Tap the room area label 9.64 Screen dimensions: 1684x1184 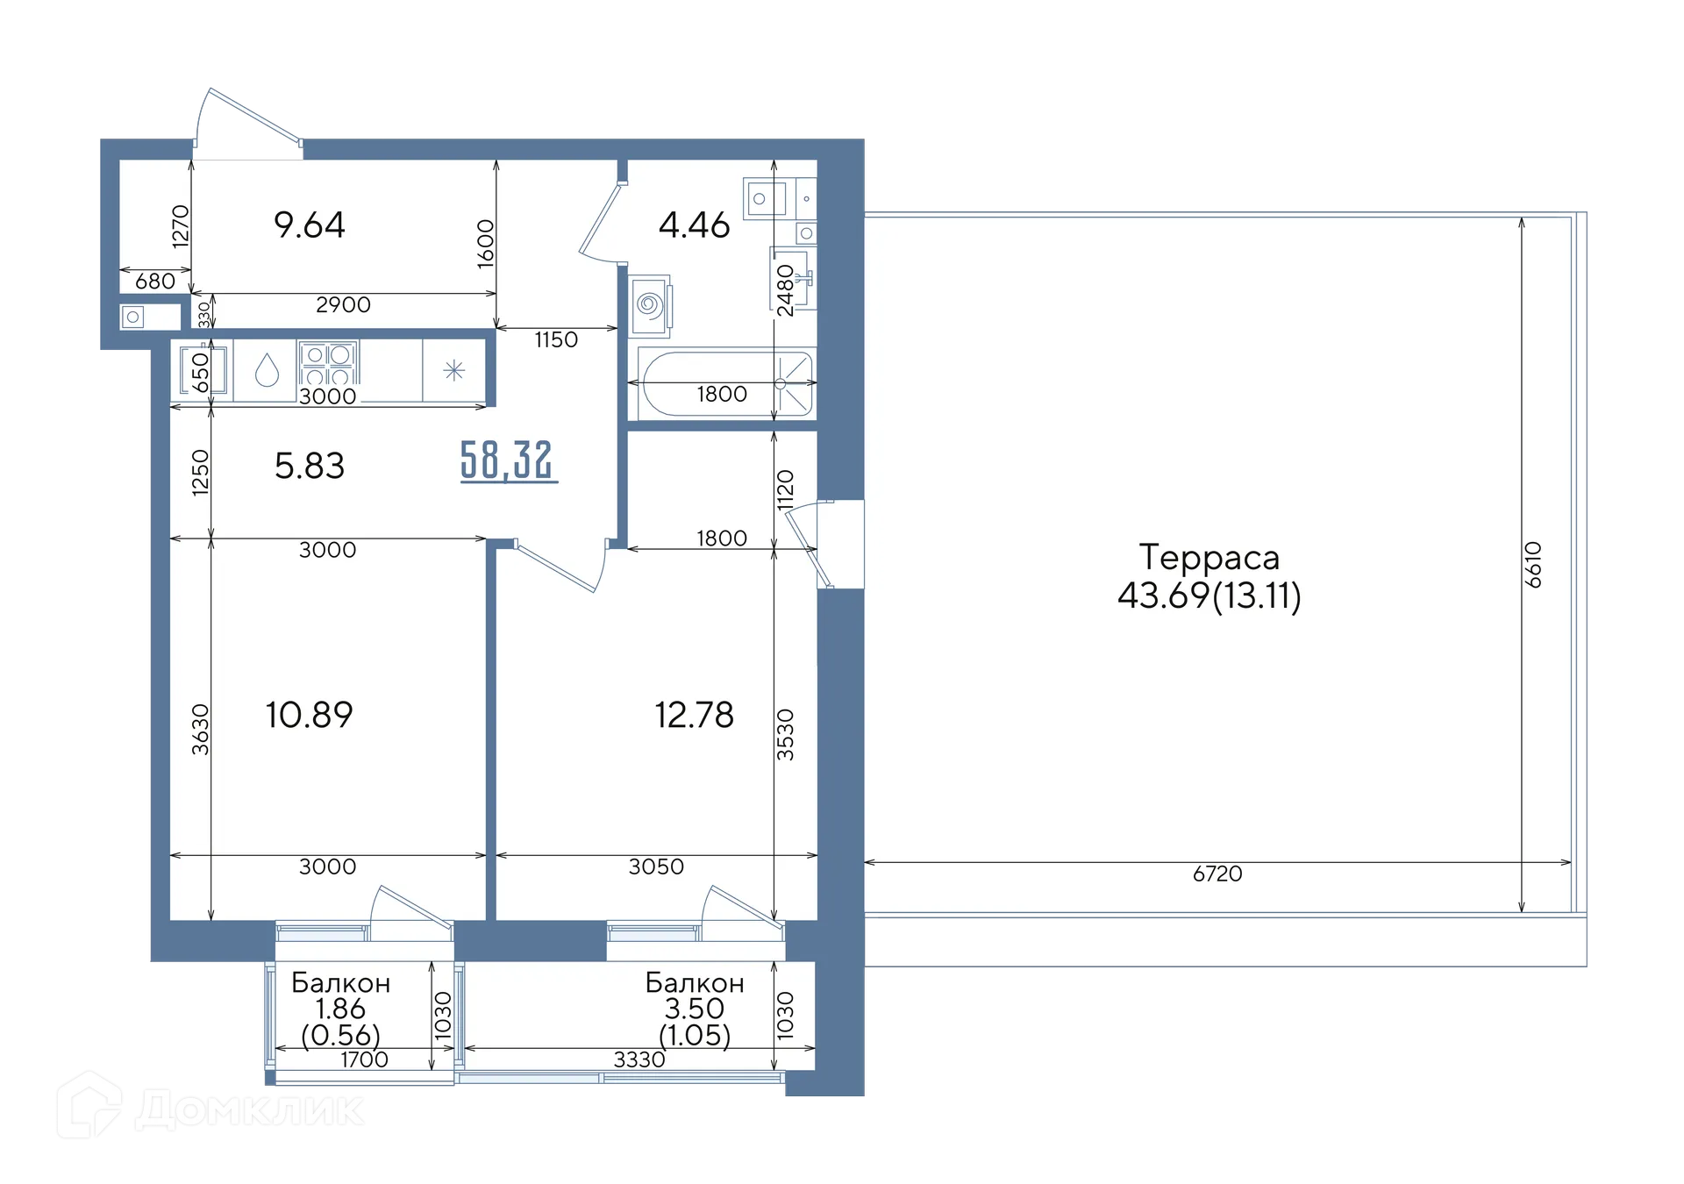pyautogui.click(x=310, y=225)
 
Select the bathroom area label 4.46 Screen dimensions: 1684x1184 pyautogui.click(x=694, y=225)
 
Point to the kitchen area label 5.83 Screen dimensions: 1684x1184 pyautogui.click(x=310, y=466)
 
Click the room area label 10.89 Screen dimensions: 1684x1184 pyautogui.click(x=310, y=715)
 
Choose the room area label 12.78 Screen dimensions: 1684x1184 pyautogui.click(x=694, y=715)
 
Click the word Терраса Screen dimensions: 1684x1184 pyautogui.click(x=1209, y=558)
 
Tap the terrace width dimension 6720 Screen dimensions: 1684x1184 pyautogui.click(x=1217, y=874)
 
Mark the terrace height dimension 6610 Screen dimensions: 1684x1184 pyautogui.click(x=1532, y=565)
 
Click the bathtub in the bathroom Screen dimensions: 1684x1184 pyautogui.click(x=727, y=384)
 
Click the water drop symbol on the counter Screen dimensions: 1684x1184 pyautogui.click(x=267, y=371)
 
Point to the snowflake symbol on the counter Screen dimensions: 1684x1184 pyautogui.click(x=453, y=370)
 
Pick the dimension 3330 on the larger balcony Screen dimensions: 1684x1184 pyautogui.click(x=639, y=1059)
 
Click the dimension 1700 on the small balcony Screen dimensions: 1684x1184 pyautogui.click(x=364, y=1059)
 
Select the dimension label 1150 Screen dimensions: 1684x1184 pyautogui.click(x=556, y=339)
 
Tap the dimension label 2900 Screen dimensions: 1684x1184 pyautogui.click(x=343, y=304)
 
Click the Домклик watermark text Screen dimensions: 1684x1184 pyautogui.click(x=250, y=1109)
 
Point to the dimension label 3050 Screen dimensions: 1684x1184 pyautogui.click(x=656, y=867)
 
